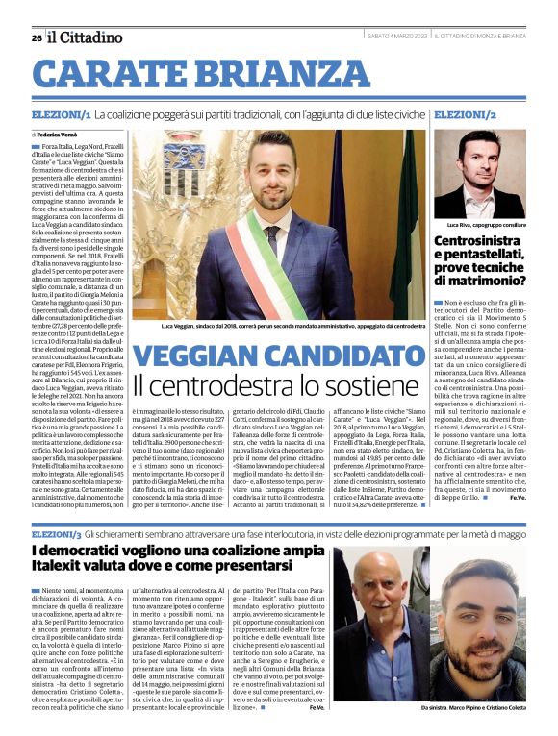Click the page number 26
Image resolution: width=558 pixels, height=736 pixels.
[x=36, y=37]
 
